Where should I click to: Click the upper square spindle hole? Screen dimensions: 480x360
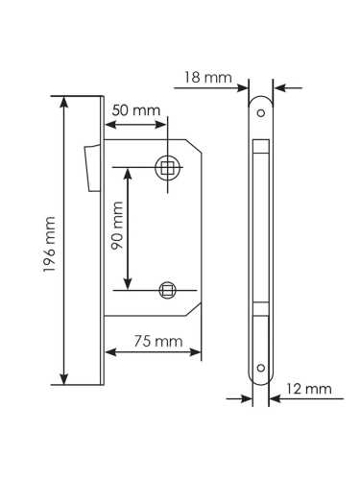pos(169,168)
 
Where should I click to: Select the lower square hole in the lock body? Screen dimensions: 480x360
pos(168,288)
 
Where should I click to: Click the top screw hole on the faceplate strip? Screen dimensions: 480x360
pos(260,111)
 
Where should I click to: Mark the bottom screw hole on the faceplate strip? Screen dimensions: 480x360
pos(260,366)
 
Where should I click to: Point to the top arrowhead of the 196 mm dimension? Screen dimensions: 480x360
pos(65,101)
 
